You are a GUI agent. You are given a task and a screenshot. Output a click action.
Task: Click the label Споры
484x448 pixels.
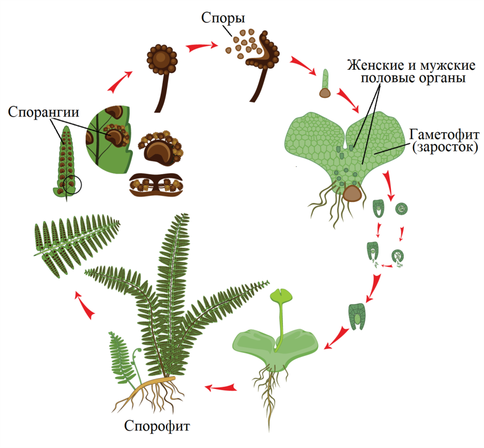click(223, 18)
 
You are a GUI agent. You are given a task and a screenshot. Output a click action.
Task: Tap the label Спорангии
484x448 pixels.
click(44, 112)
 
